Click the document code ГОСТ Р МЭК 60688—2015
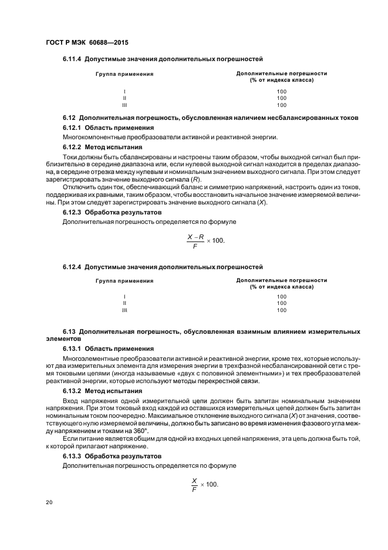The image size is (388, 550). [87, 43]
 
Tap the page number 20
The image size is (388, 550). [49, 502]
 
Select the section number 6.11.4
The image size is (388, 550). [72, 59]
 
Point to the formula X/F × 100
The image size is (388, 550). [204, 484]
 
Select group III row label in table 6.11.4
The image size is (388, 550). [124, 105]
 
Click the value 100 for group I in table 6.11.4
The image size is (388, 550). [281, 91]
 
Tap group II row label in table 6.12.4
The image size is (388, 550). [124, 303]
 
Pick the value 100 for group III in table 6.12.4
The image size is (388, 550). [281, 310]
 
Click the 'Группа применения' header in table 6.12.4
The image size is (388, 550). [124, 281]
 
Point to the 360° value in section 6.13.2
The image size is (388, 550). [151, 430]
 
